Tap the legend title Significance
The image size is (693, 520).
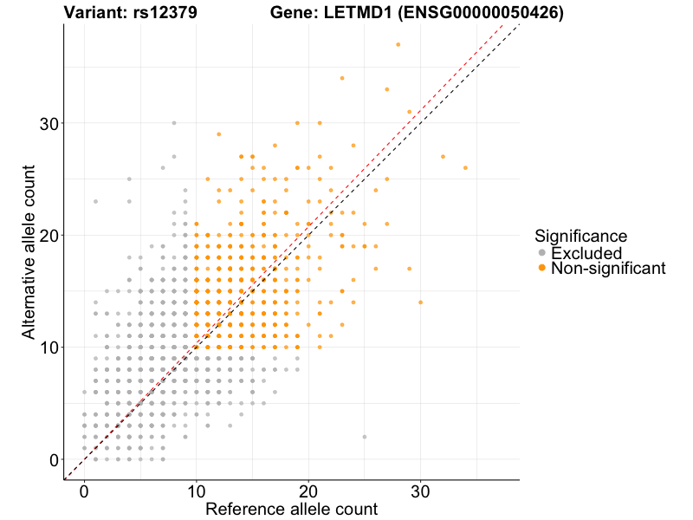pyautogui.click(x=581, y=236)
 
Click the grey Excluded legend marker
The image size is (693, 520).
pyautogui.click(x=542, y=253)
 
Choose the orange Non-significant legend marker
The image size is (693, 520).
pyautogui.click(x=542, y=269)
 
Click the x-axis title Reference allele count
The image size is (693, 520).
pyautogui.click(x=291, y=510)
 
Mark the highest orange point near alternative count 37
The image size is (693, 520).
pyautogui.click(x=398, y=44)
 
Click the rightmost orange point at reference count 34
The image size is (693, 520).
pyautogui.click(x=466, y=168)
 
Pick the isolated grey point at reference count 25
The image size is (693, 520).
pyautogui.click(x=365, y=437)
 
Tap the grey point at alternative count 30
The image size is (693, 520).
pyautogui.click(x=173, y=123)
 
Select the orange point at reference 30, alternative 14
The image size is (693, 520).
pyautogui.click(x=421, y=302)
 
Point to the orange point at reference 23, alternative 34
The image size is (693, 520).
pyautogui.click(x=342, y=78)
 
